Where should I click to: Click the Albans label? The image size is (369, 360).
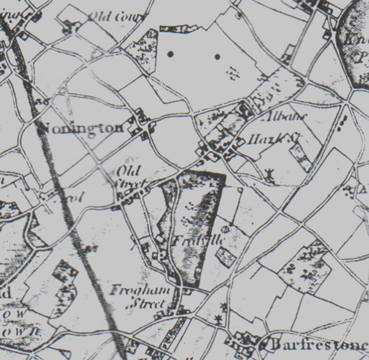[x=287, y=117]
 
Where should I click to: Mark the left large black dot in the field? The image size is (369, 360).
[x=170, y=54]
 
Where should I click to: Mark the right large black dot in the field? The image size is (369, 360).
[x=217, y=57]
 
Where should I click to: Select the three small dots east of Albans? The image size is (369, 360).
[x=342, y=122]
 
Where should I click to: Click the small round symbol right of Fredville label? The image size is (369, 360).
[x=226, y=229]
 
